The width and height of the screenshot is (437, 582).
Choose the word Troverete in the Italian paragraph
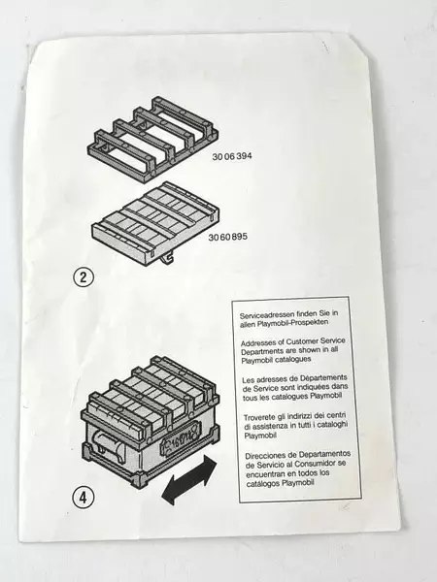tap(259, 416)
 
